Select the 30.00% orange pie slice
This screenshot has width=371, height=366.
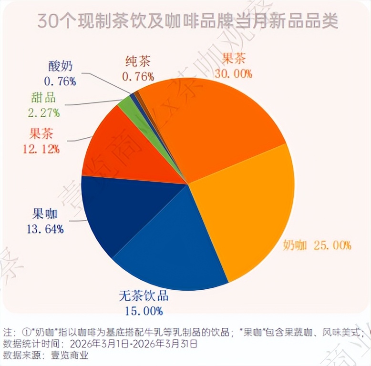click(215, 124)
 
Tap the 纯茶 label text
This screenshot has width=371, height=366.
click(138, 61)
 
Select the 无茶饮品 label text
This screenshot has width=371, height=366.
click(144, 296)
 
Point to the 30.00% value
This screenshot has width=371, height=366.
click(233, 74)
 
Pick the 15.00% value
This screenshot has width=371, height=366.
click(144, 311)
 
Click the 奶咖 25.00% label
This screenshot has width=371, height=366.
click(317, 245)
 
